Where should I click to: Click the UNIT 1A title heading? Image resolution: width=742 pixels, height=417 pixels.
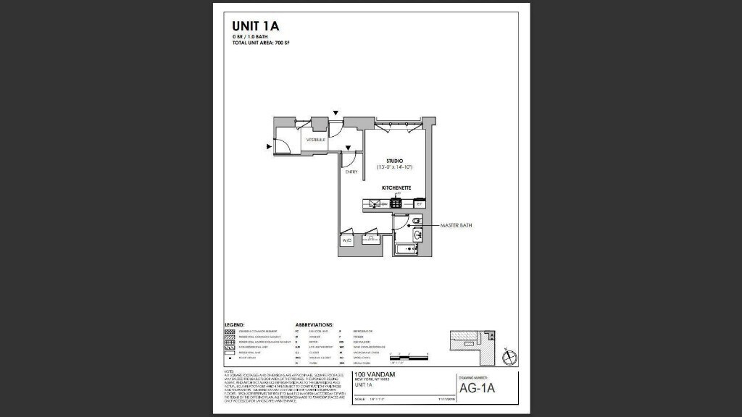[x=255, y=27]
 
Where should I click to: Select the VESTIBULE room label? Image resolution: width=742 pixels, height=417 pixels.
[x=315, y=139]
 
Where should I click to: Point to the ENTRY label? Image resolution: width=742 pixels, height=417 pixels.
[x=351, y=172]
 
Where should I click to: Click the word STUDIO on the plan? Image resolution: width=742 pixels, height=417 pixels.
[x=394, y=161]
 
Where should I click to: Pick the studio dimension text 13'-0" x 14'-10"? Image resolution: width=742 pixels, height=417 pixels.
[x=394, y=167]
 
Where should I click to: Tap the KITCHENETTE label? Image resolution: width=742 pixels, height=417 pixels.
[x=396, y=188]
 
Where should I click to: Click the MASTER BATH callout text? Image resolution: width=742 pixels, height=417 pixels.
[x=457, y=226]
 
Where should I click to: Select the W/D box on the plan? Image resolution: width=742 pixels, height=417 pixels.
[x=346, y=239]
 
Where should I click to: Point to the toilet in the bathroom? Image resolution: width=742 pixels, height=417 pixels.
[x=419, y=220]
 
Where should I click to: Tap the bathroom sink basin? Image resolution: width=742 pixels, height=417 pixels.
[x=418, y=235]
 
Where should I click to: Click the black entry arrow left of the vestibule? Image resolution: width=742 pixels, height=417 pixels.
[x=270, y=146]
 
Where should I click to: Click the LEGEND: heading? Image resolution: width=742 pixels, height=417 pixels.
[x=234, y=324]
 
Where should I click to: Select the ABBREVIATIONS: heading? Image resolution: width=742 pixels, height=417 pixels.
[x=314, y=324]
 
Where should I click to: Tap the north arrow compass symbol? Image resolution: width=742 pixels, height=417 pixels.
[x=509, y=356]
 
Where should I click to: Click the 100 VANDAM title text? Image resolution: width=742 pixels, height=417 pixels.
[x=375, y=374]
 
